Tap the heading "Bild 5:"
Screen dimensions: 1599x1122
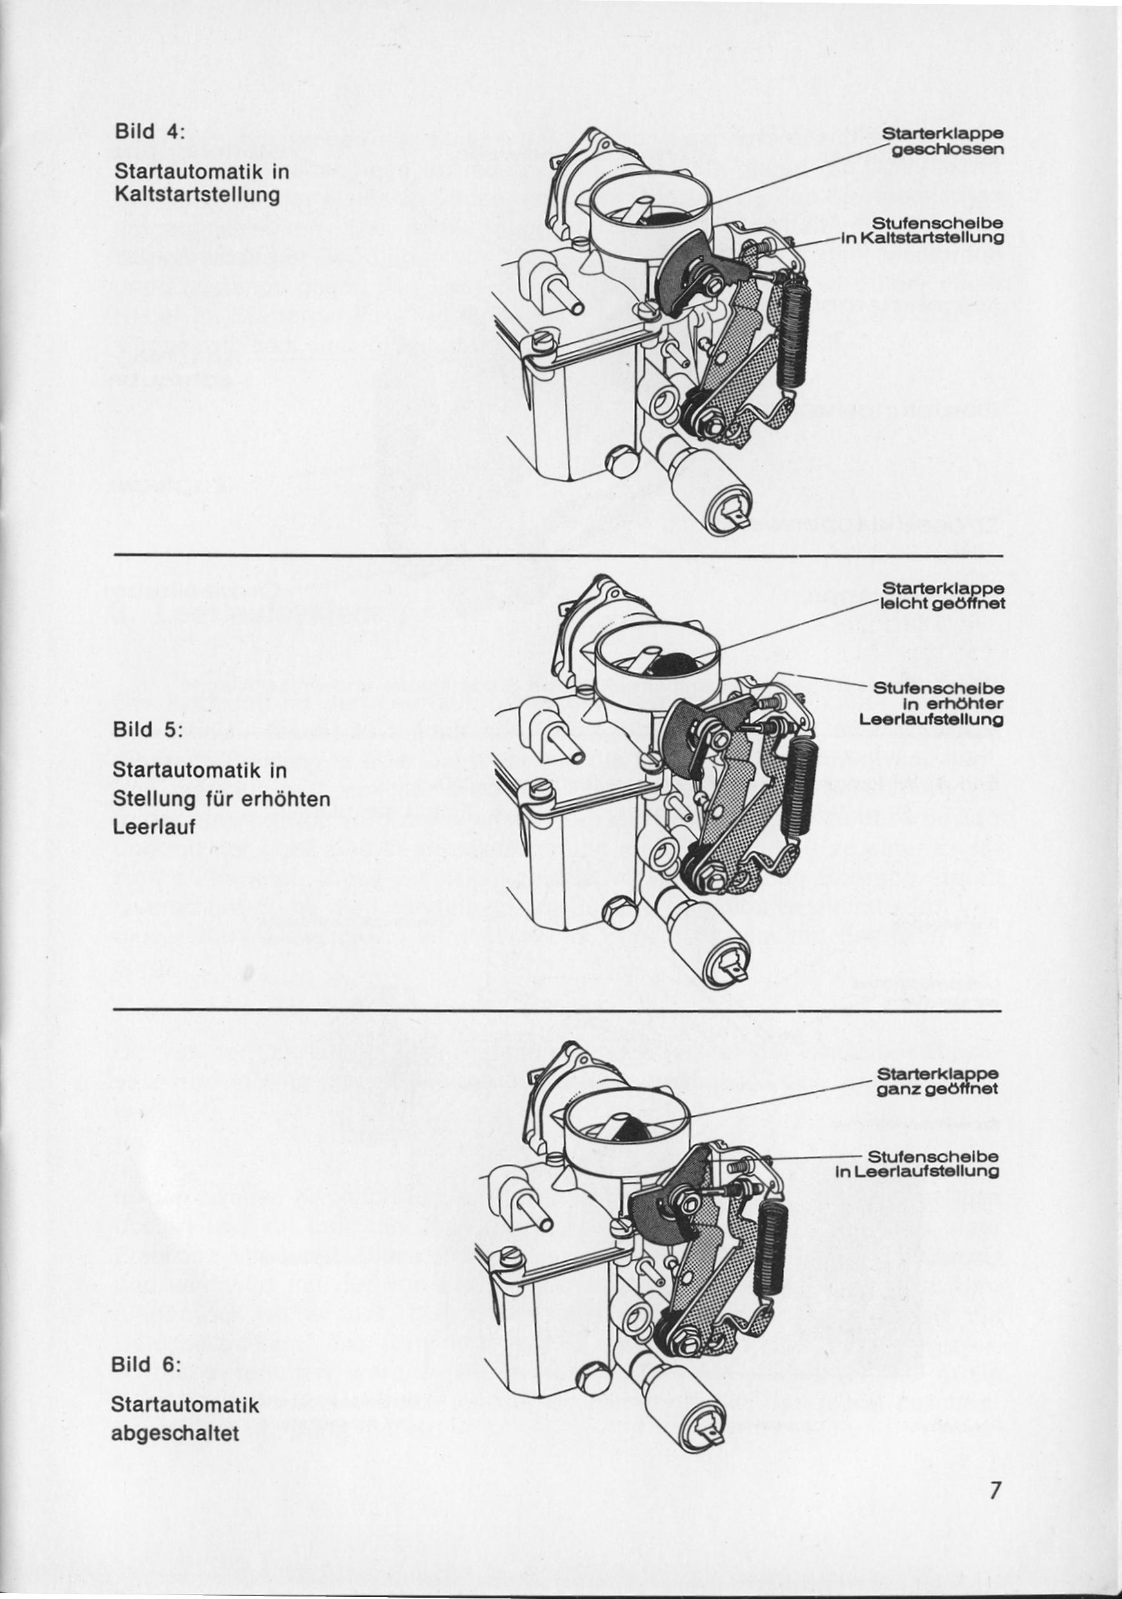pyautogui.click(x=146, y=731)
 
